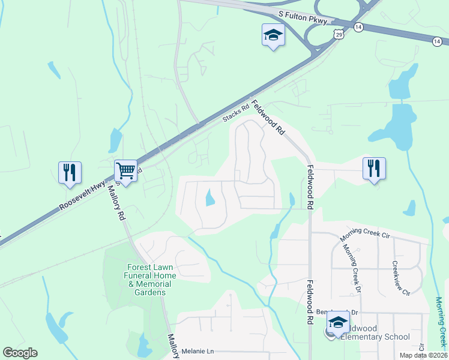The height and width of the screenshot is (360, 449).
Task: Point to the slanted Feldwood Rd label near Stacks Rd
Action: click(268, 117)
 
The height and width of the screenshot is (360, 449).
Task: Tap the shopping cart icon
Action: click(126, 170)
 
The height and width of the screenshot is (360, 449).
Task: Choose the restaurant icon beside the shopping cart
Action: click(70, 172)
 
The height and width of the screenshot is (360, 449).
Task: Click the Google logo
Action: click(20, 353)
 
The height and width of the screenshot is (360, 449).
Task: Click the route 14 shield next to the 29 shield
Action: click(358, 27)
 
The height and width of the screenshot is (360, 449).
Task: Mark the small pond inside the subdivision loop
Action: click(209, 198)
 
